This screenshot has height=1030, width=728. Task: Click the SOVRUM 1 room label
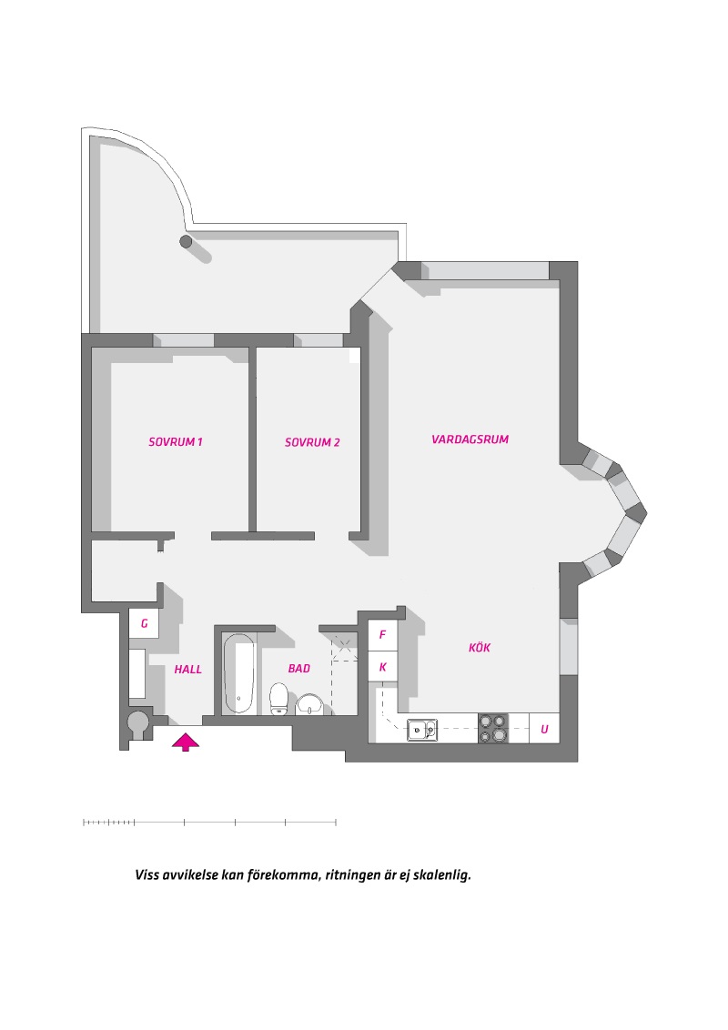[176, 442]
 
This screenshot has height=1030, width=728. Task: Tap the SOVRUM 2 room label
[312, 443]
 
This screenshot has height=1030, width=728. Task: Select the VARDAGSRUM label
[470, 439]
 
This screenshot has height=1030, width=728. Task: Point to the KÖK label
[480, 648]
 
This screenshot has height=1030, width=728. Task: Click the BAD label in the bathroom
[299, 669]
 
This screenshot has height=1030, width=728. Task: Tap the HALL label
[187, 670]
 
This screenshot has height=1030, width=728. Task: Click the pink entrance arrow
[186, 742]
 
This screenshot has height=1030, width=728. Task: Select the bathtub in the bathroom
[238, 673]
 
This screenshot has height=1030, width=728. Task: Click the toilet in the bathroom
[279, 699]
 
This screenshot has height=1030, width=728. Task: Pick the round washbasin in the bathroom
[308, 704]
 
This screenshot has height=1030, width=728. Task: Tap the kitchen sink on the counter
[422, 730]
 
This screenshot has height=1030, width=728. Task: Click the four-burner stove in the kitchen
[493, 729]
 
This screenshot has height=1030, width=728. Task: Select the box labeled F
[382, 635]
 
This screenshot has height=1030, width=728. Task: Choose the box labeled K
[382, 667]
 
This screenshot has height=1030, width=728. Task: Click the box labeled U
[544, 729]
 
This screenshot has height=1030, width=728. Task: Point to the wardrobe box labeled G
[144, 623]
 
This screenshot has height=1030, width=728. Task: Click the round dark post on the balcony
[186, 241]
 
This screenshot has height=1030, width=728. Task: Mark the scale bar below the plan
[209, 822]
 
